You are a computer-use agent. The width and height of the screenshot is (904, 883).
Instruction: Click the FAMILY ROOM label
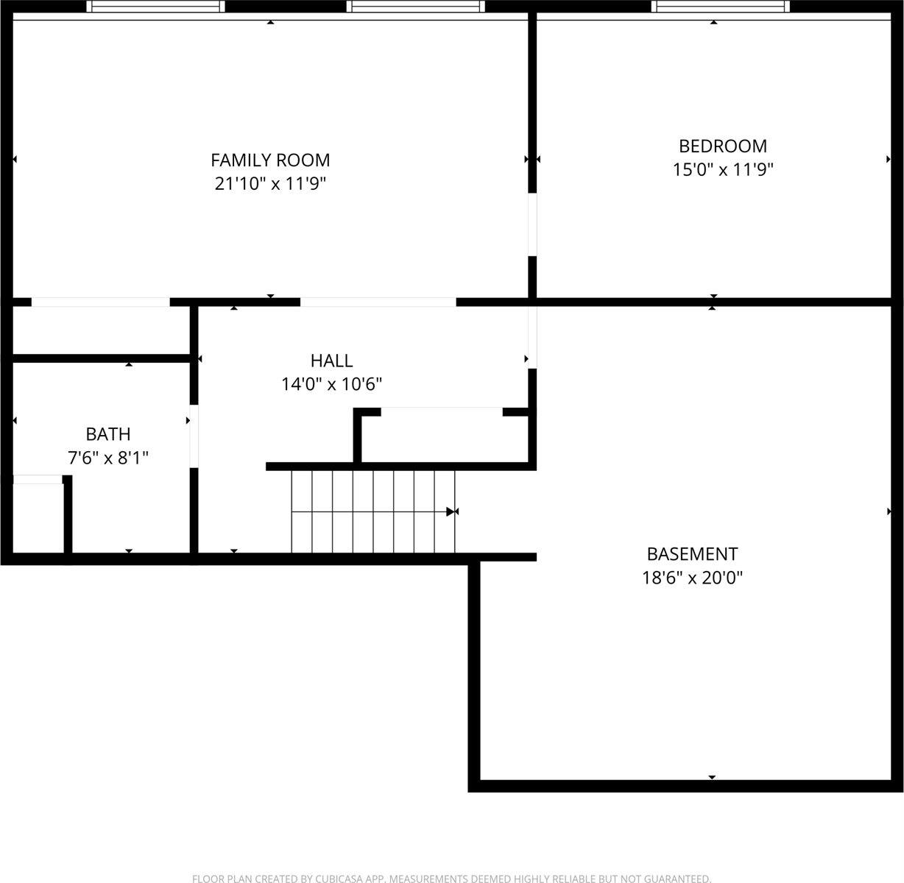click(x=270, y=160)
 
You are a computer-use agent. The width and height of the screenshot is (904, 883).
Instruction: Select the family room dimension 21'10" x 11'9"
click(x=270, y=183)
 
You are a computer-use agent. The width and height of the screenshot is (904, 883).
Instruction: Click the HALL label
click(x=331, y=361)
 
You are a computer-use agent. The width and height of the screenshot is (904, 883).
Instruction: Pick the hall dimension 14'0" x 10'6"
click(x=331, y=384)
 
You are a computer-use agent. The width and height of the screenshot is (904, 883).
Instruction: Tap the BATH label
click(x=108, y=434)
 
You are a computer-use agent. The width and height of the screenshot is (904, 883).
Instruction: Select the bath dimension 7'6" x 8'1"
click(x=108, y=458)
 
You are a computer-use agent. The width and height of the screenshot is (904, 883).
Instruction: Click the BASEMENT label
click(x=692, y=554)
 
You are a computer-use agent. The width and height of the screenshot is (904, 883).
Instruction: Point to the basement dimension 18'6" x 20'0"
click(x=692, y=578)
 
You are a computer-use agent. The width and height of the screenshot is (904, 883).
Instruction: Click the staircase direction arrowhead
click(x=451, y=511)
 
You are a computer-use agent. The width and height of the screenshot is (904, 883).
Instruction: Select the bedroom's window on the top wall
click(x=720, y=7)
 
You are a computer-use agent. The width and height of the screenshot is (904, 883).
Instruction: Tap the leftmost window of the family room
click(x=155, y=7)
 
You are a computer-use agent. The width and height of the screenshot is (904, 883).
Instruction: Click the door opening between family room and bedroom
click(x=532, y=224)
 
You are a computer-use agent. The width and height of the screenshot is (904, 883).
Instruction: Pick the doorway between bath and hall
click(x=194, y=436)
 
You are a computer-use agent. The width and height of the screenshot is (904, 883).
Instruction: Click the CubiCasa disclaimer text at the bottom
click(x=451, y=878)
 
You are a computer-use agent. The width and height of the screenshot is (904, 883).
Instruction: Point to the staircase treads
click(x=372, y=511)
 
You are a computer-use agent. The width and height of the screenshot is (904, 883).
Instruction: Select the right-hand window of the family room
click(x=415, y=7)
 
